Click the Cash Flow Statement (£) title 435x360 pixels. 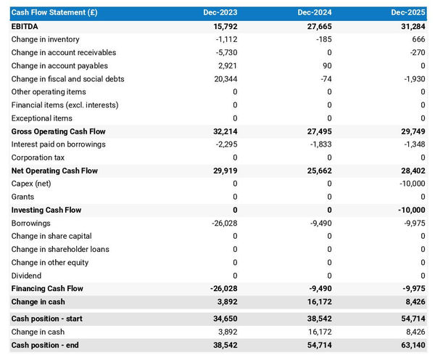click(x=55, y=12)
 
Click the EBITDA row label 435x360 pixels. click(x=26, y=26)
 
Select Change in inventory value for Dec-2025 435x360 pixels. click(x=418, y=39)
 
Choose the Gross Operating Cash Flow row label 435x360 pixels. click(x=59, y=131)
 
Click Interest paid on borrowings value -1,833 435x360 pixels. click(x=319, y=144)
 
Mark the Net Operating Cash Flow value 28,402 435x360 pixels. click(x=413, y=171)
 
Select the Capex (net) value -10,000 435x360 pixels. click(x=410, y=184)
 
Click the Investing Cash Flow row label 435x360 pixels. click(x=46, y=210)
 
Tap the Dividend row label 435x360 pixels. click(x=27, y=276)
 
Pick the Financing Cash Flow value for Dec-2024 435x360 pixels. click(x=319, y=289)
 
